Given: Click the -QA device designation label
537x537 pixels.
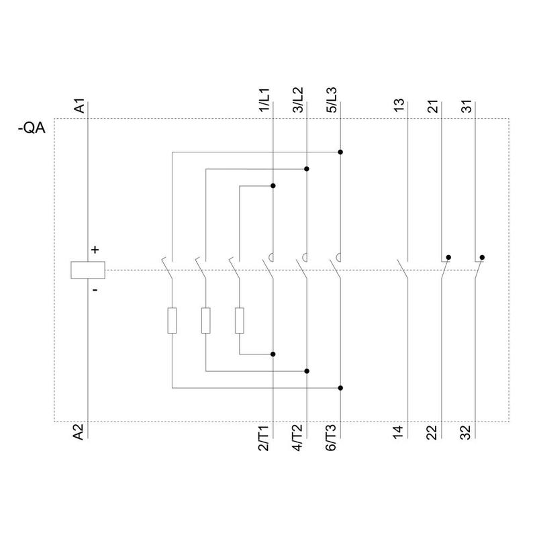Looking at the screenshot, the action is coord(32,128).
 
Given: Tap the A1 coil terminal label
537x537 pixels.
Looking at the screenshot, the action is coord(79,106).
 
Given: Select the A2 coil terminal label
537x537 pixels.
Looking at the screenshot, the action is coord(79,432).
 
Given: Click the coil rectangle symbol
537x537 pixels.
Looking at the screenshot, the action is coord(88,271).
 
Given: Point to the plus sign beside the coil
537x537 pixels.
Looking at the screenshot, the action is coord(95,250).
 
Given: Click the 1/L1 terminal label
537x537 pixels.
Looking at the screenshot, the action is coord(264,100).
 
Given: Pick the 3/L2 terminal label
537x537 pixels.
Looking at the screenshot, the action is coord(298,100).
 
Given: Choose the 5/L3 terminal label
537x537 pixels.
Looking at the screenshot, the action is coord(332,100).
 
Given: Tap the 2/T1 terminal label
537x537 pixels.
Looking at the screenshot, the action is coord(264,438).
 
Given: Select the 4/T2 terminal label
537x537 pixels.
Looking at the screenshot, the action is coord(297,438).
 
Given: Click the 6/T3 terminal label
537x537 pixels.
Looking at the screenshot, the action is coord(331,438).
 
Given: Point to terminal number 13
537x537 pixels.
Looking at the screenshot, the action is coord(399,105).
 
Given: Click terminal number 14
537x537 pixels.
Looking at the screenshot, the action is coord(399,432).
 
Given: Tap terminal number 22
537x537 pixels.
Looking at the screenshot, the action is coord(432,432).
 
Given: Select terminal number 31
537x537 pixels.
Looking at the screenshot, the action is coord(467,106).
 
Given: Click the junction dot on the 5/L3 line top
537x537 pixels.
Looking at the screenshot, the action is coord(340,152).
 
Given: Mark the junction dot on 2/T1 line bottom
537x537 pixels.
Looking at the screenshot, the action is coord(273,354).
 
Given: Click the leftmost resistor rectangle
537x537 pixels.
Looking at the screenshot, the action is coord(172,321).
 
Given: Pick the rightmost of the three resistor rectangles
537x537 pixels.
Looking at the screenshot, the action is coord(240,321).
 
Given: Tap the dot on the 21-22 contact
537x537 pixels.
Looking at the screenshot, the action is coord(448,257).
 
